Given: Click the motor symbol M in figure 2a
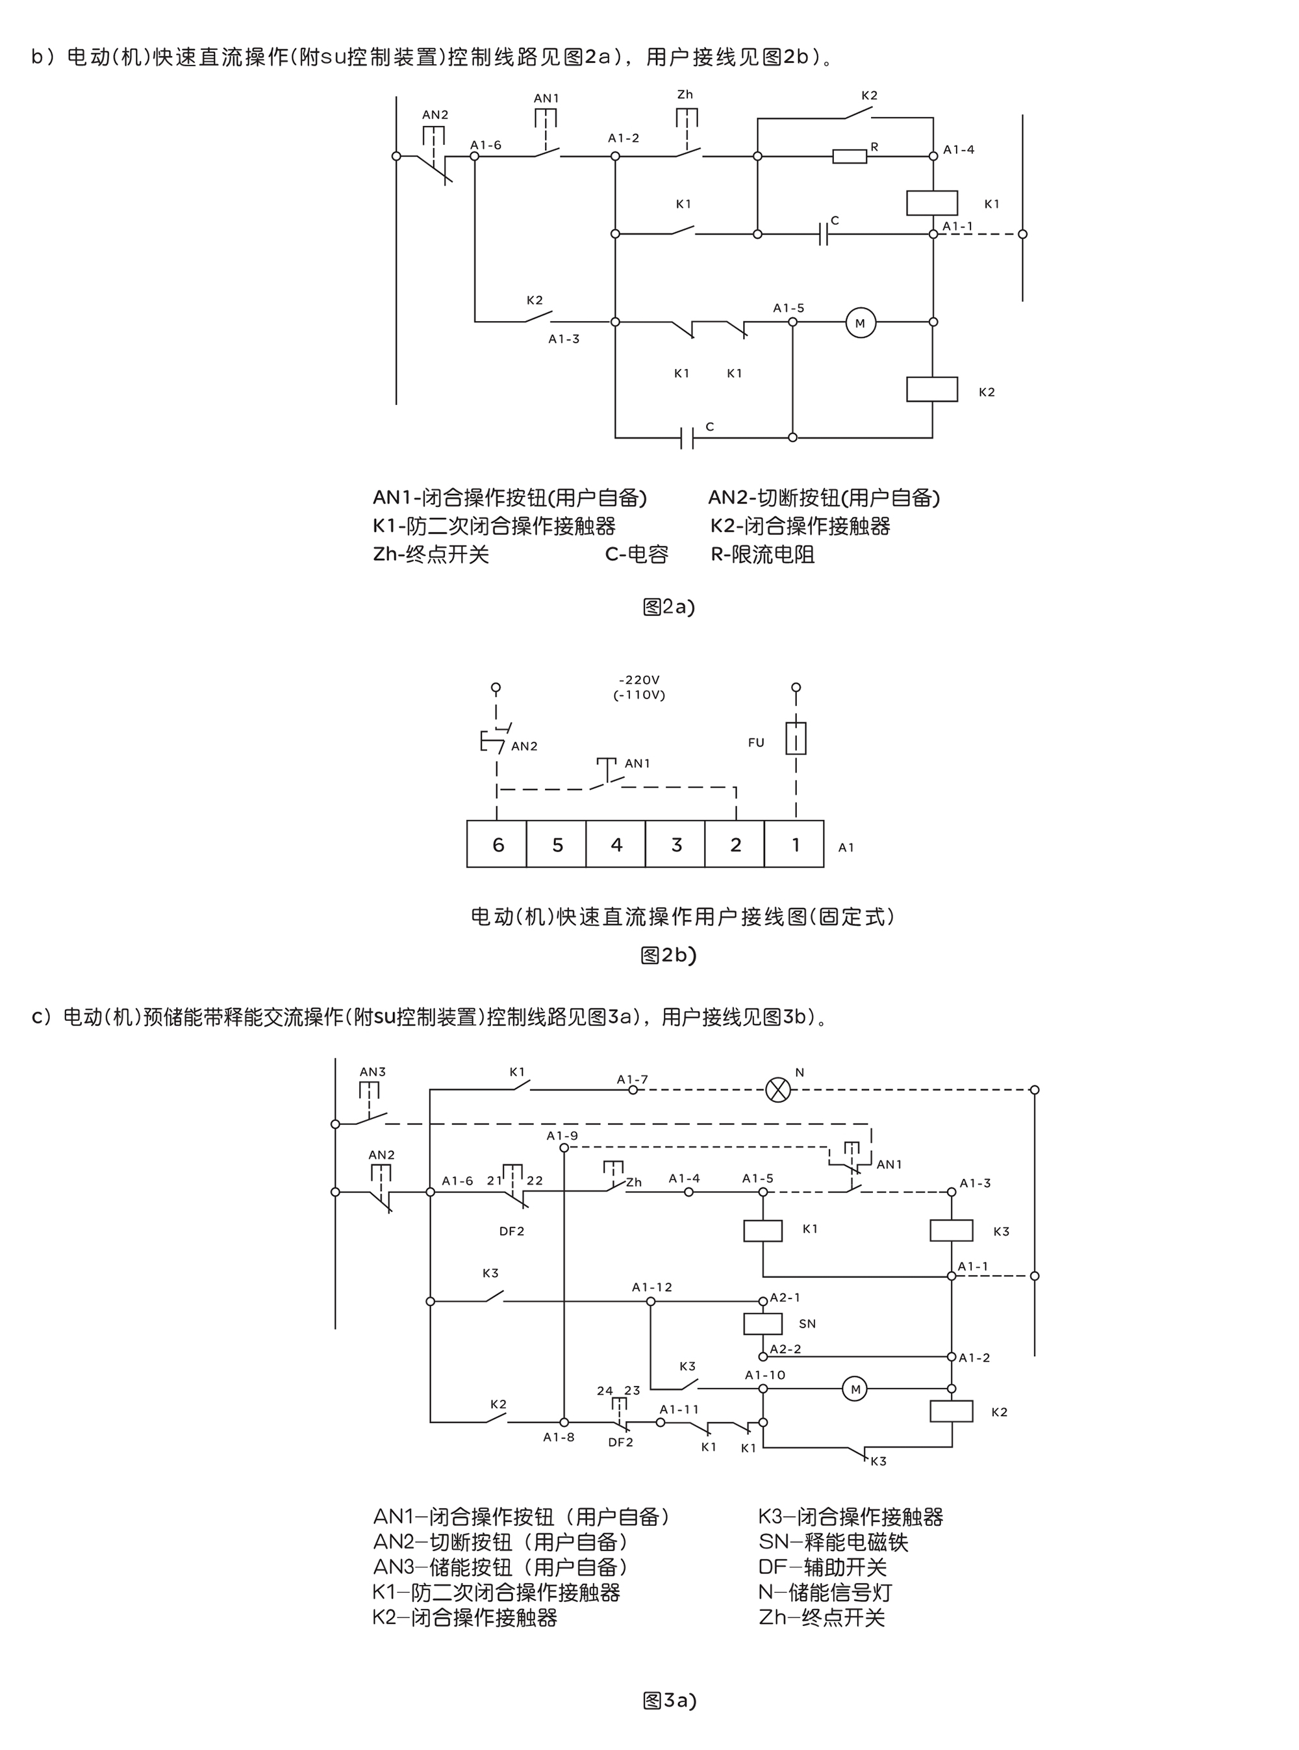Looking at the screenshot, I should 860,322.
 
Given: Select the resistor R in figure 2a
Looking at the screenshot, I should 850,157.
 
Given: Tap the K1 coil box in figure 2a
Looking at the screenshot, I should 932,203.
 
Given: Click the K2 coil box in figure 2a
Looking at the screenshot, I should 932,389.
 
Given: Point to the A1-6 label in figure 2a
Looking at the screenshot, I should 485,145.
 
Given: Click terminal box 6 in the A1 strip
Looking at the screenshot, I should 497,845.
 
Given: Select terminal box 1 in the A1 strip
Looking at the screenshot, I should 794,845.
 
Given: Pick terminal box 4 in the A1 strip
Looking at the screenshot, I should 616,845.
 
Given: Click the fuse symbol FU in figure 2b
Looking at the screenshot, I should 796,740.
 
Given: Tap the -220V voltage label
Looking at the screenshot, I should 638,680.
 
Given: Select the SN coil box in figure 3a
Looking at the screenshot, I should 763,1324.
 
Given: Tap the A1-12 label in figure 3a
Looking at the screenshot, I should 652,1287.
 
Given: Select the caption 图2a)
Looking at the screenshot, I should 668,606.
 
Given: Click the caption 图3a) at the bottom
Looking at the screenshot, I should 669,1701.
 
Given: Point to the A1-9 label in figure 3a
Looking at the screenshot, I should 562,1136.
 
